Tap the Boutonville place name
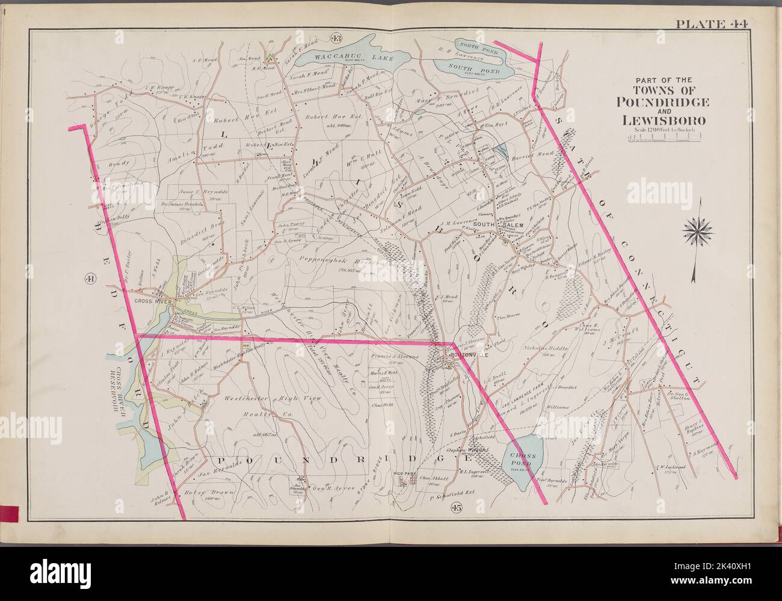click(464, 356)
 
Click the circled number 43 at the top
click(336, 39)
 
